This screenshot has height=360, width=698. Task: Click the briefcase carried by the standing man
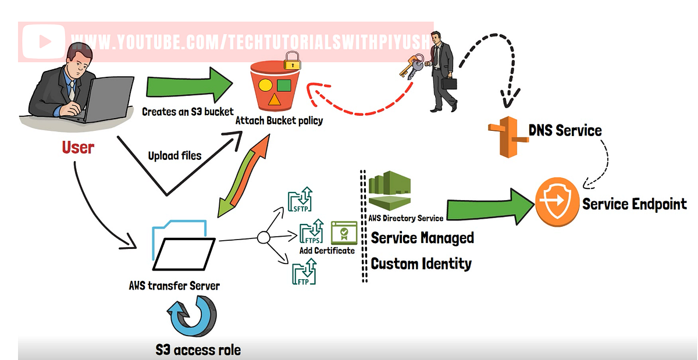coord(449,83)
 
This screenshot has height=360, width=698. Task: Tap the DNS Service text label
coord(564,130)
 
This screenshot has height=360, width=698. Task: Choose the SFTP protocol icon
coord(301,199)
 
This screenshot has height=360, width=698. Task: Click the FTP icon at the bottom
coord(304,272)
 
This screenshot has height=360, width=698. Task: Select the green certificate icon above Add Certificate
coord(343,233)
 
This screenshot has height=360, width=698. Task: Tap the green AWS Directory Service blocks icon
coord(389,191)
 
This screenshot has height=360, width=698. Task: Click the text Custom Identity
coord(421,263)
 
